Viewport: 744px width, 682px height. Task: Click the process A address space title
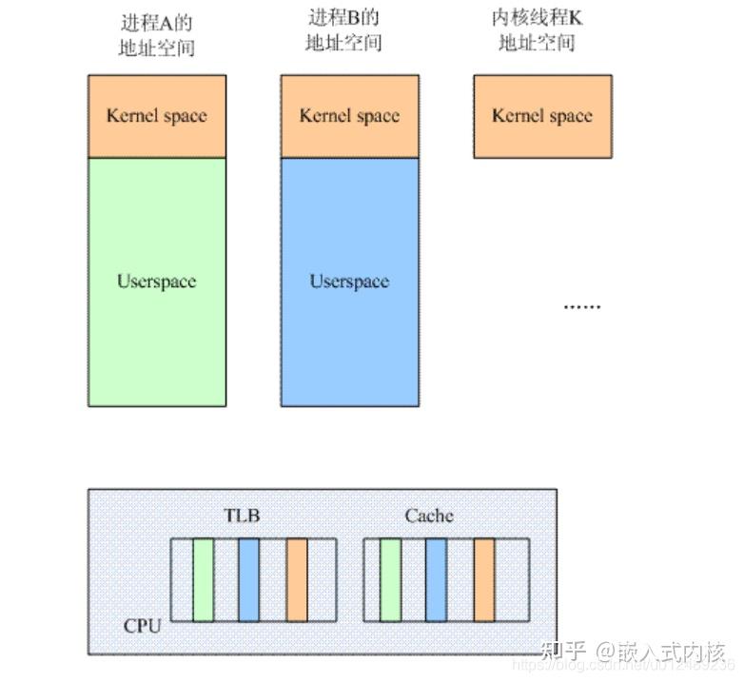tap(157, 35)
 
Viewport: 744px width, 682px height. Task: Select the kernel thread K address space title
tap(537, 29)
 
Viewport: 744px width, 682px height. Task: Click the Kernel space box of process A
tap(157, 116)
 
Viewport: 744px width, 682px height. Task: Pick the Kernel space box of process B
tap(349, 116)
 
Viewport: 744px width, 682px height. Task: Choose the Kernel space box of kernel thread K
tap(542, 116)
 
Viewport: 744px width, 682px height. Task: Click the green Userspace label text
tap(157, 282)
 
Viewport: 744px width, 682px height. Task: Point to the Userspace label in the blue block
tap(349, 282)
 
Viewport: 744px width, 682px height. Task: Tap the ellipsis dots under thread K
tap(581, 306)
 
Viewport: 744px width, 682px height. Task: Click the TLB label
tap(242, 516)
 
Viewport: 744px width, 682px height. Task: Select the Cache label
tap(429, 516)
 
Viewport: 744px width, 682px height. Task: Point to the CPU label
tap(143, 627)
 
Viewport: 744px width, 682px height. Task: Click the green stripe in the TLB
tap(203, 580)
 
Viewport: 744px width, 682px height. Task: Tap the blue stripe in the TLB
tap(249, 580)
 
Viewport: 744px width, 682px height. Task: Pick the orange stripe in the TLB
tap(296, 580)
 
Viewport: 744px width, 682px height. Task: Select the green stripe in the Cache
tap(390, 580)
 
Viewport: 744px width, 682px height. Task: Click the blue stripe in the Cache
tap(437, 580)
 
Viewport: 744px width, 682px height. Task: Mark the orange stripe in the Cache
tap(483, 580)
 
